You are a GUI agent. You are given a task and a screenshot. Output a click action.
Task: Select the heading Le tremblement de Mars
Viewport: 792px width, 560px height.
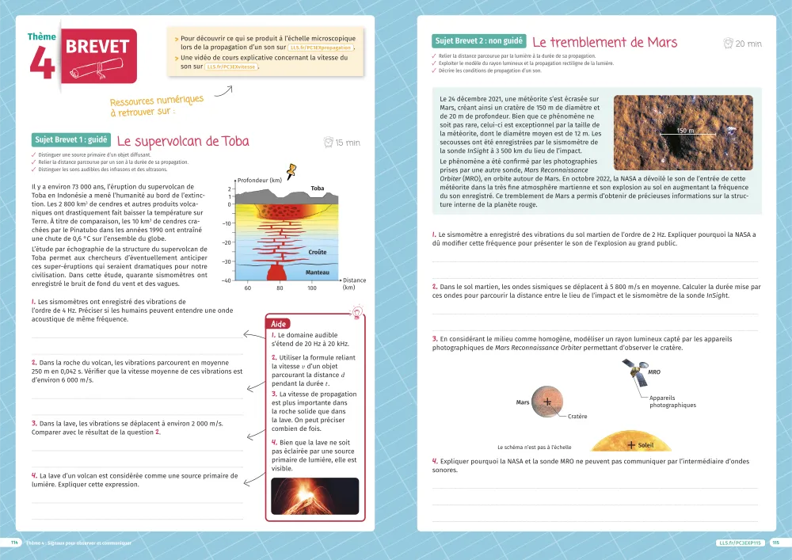pyautogui.click(x=604, y=42)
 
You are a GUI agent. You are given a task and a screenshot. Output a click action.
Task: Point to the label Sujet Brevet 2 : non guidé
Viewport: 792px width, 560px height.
pyautogui.click(x=478, y=41)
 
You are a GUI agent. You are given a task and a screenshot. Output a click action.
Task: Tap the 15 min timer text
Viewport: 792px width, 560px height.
pyautogui.click(x=347, y=143)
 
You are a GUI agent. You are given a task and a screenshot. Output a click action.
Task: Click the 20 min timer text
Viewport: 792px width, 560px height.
pyautogui.click(x=748, y=44)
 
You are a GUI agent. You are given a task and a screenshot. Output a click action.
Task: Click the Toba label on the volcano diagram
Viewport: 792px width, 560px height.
pyautogui.click(x=317, y=189)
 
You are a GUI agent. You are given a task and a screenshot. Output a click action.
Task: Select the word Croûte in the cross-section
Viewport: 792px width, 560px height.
pyautogui.click(x=317, y=251)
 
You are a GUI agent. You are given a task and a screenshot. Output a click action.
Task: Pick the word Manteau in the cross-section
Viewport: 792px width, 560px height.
pyautogui.click(x=317, y=272)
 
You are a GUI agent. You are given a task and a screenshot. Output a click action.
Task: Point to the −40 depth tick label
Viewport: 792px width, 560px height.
pyautogui.click(x=227, y=280)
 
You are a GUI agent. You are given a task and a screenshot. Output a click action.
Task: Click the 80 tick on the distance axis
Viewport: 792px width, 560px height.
pyautogui.click(x=280, y=288)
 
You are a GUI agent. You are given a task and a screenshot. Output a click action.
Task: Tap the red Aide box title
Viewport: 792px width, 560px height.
pyautogui.click(x=278, y=324)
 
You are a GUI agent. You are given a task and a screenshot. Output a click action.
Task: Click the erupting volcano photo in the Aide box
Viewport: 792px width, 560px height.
pyautogui.click(x=314, y=497)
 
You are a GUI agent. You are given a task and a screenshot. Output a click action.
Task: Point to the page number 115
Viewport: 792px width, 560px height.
pyautogui.click(x=775, y=543)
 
